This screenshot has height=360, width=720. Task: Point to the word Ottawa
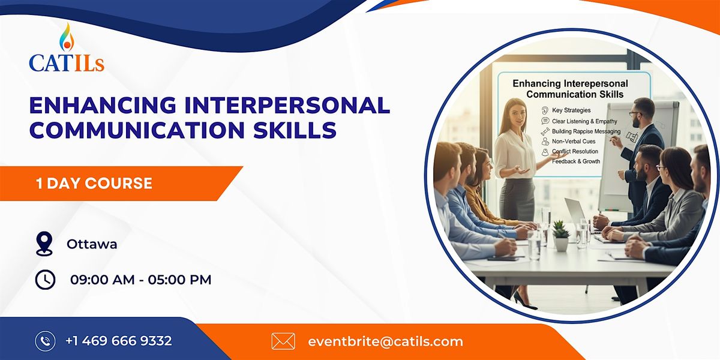tap(92, 244)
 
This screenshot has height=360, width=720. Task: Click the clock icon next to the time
tap(45, 280)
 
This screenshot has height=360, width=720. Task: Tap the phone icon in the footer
tap(45, 341)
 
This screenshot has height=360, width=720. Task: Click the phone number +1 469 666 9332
tap(119, 341)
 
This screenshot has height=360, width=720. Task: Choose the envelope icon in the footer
tap(283, 341)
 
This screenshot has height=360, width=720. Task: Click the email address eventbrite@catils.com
tap(385, 341)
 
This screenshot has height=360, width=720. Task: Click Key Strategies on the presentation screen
tap(571, 110)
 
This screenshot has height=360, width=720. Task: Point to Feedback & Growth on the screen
tap(576, 161)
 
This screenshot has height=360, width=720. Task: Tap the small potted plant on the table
tap(561, 235)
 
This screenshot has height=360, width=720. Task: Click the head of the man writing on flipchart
tap(643, 110)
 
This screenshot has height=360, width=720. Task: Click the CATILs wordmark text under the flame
tap(66, 62)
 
